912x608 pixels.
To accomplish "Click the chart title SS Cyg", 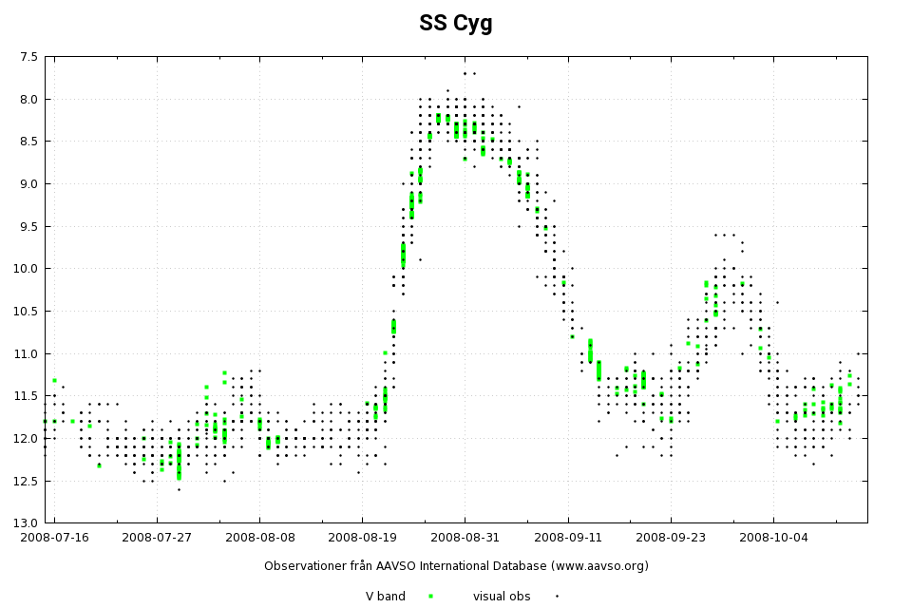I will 455,24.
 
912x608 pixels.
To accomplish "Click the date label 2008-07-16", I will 54,537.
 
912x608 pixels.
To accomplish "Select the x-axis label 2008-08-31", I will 465,537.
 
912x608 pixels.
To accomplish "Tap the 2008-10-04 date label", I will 772,537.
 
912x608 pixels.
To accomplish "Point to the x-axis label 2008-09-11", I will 567,537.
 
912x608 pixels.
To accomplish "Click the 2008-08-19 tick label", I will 361,537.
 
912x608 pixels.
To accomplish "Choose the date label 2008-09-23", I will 670,537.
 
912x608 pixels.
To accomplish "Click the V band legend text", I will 386,597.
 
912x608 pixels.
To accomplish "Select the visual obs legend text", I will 502,597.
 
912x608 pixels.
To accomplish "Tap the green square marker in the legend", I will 430,596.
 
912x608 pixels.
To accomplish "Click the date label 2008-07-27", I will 157,537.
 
